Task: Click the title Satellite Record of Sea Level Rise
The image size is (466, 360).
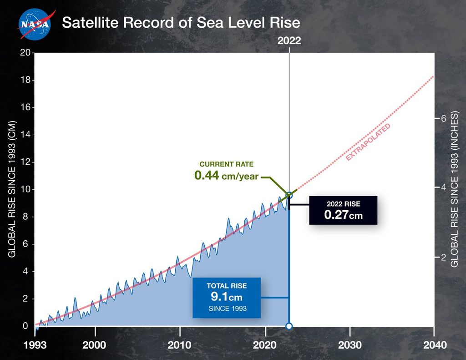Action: point(181,22)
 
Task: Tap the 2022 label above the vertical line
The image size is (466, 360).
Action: point(289,41)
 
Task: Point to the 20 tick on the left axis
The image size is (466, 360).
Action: point(25,53)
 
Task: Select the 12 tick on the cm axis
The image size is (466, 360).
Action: point(25,162)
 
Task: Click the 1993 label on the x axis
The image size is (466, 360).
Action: point(35,345)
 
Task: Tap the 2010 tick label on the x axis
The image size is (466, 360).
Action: point(180,345)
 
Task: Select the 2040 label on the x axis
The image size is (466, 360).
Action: point(434,345)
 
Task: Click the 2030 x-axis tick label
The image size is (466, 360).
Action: point(349,345)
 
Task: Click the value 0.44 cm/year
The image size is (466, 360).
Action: point(226,176)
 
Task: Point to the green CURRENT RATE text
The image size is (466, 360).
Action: point(226,164)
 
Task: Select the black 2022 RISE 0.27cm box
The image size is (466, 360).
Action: point(343,210)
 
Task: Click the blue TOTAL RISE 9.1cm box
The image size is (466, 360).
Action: point(227,298)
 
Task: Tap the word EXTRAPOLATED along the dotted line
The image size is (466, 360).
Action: point(368,142)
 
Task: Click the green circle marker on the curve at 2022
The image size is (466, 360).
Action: point(289,195)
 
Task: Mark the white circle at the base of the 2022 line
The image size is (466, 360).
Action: point(289,326)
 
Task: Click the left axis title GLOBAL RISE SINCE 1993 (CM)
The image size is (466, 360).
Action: point(12,189)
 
